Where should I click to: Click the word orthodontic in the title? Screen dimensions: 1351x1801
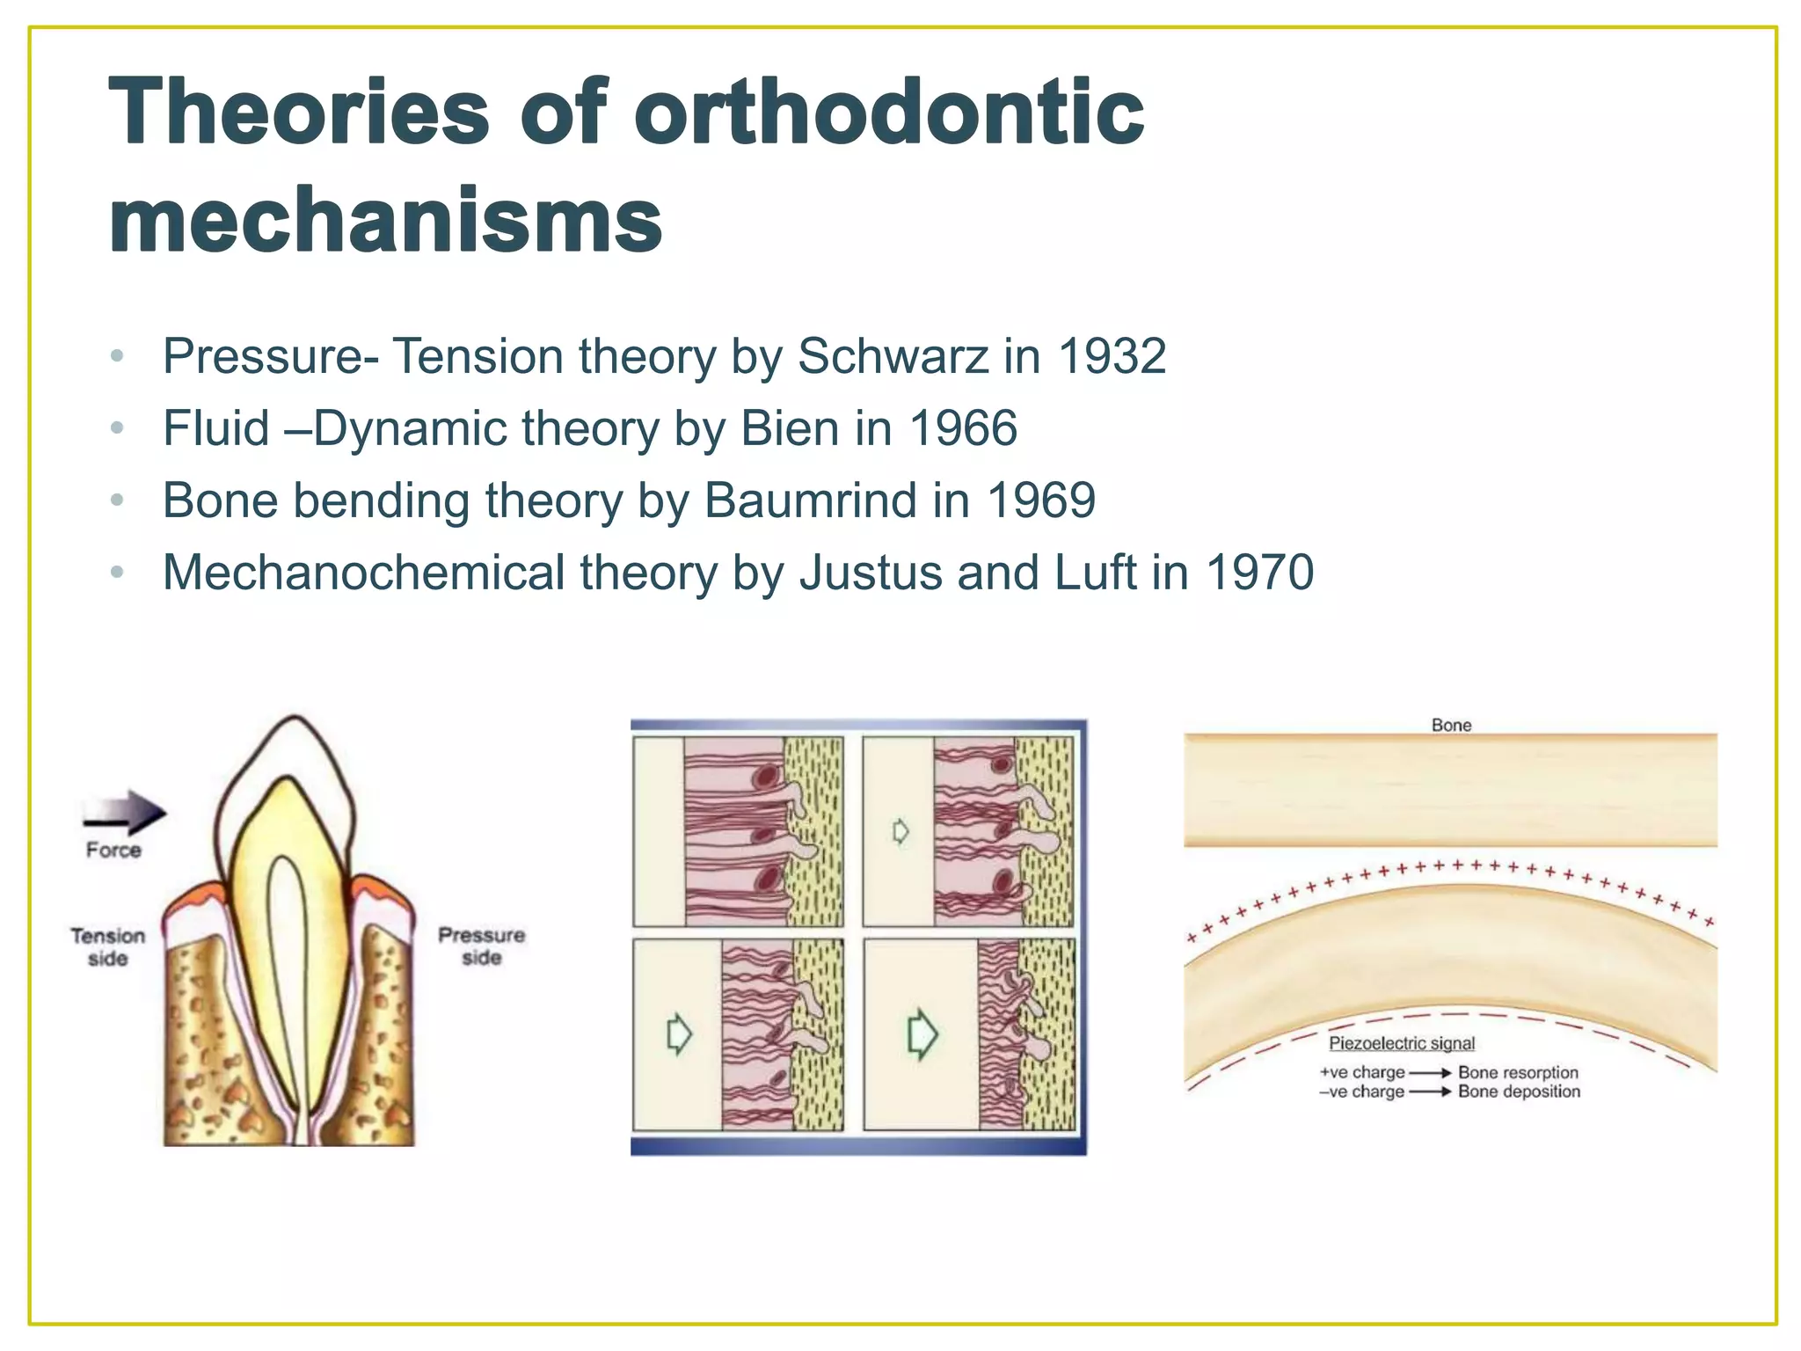click(888, 113)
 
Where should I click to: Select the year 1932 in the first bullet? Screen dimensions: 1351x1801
click(1112, 357)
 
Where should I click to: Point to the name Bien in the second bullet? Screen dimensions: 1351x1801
click(790, 429)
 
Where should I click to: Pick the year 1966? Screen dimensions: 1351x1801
click(963, 429)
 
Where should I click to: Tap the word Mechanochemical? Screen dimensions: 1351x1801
click(363, 573)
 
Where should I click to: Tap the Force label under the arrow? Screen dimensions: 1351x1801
click(113, 851)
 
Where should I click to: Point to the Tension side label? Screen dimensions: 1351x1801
click(107, 947)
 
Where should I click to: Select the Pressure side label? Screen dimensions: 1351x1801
click(481, 946)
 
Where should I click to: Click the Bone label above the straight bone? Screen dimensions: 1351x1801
click(1450, 726)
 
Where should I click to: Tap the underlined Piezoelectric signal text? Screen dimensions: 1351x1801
click(1401, 1044)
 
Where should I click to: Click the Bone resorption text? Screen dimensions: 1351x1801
click(1518, 1072)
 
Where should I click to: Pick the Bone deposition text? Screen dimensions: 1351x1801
click(1519, 1092)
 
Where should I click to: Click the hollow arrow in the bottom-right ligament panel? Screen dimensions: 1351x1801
click(921, 1033)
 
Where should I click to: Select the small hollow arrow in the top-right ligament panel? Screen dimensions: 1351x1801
click(900, 831)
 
